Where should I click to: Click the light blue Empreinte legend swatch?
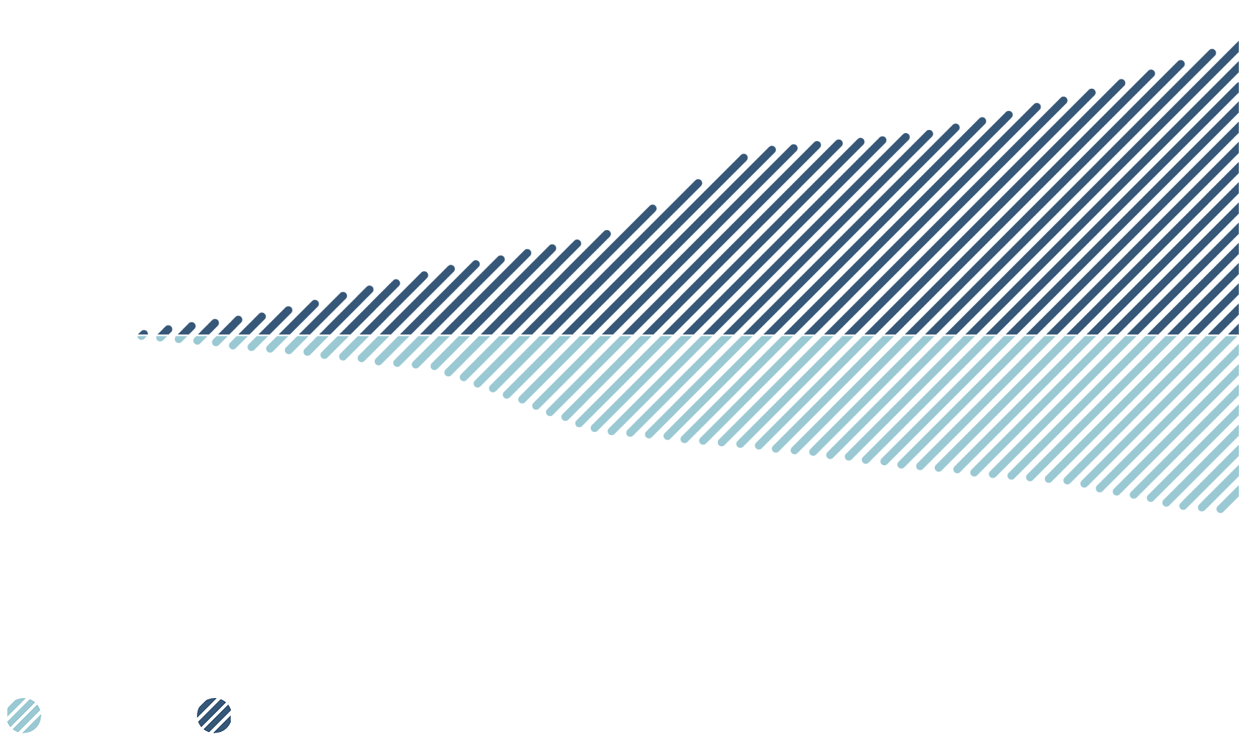[24, 716]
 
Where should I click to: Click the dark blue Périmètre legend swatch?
[214, 716]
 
